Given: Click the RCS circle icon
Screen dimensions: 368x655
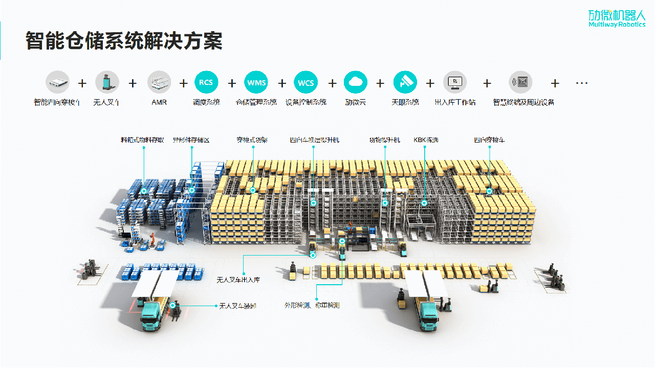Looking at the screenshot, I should [207, 82].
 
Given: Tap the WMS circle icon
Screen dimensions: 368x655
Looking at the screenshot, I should [256, 82].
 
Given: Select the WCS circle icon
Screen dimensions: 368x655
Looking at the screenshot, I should [305, 82].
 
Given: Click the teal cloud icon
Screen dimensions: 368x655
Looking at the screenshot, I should [356, 82].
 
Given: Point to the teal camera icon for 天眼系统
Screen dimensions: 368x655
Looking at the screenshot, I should [405, 82].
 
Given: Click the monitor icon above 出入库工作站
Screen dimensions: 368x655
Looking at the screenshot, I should [455, 82].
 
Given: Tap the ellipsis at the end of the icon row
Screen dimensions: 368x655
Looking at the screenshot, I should [582, 82].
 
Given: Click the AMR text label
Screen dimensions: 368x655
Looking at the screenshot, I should [159, 102].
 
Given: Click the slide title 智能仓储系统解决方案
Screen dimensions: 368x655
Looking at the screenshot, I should [124, 41].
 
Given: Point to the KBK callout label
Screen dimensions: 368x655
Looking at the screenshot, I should [426, 140].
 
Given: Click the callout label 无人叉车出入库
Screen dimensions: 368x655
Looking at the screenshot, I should [238, 280].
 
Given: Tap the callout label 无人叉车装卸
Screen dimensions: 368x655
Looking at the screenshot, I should [237, 306].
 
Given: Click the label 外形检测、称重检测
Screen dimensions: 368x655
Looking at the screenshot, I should [312, 306].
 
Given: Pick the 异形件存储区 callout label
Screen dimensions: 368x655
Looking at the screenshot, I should [191, 140].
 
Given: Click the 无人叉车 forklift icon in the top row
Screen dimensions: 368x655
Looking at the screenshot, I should [107, 82].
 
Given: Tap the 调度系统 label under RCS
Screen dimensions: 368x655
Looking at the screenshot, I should [207, 102].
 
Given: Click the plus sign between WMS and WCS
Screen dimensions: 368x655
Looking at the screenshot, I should [281, 83].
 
